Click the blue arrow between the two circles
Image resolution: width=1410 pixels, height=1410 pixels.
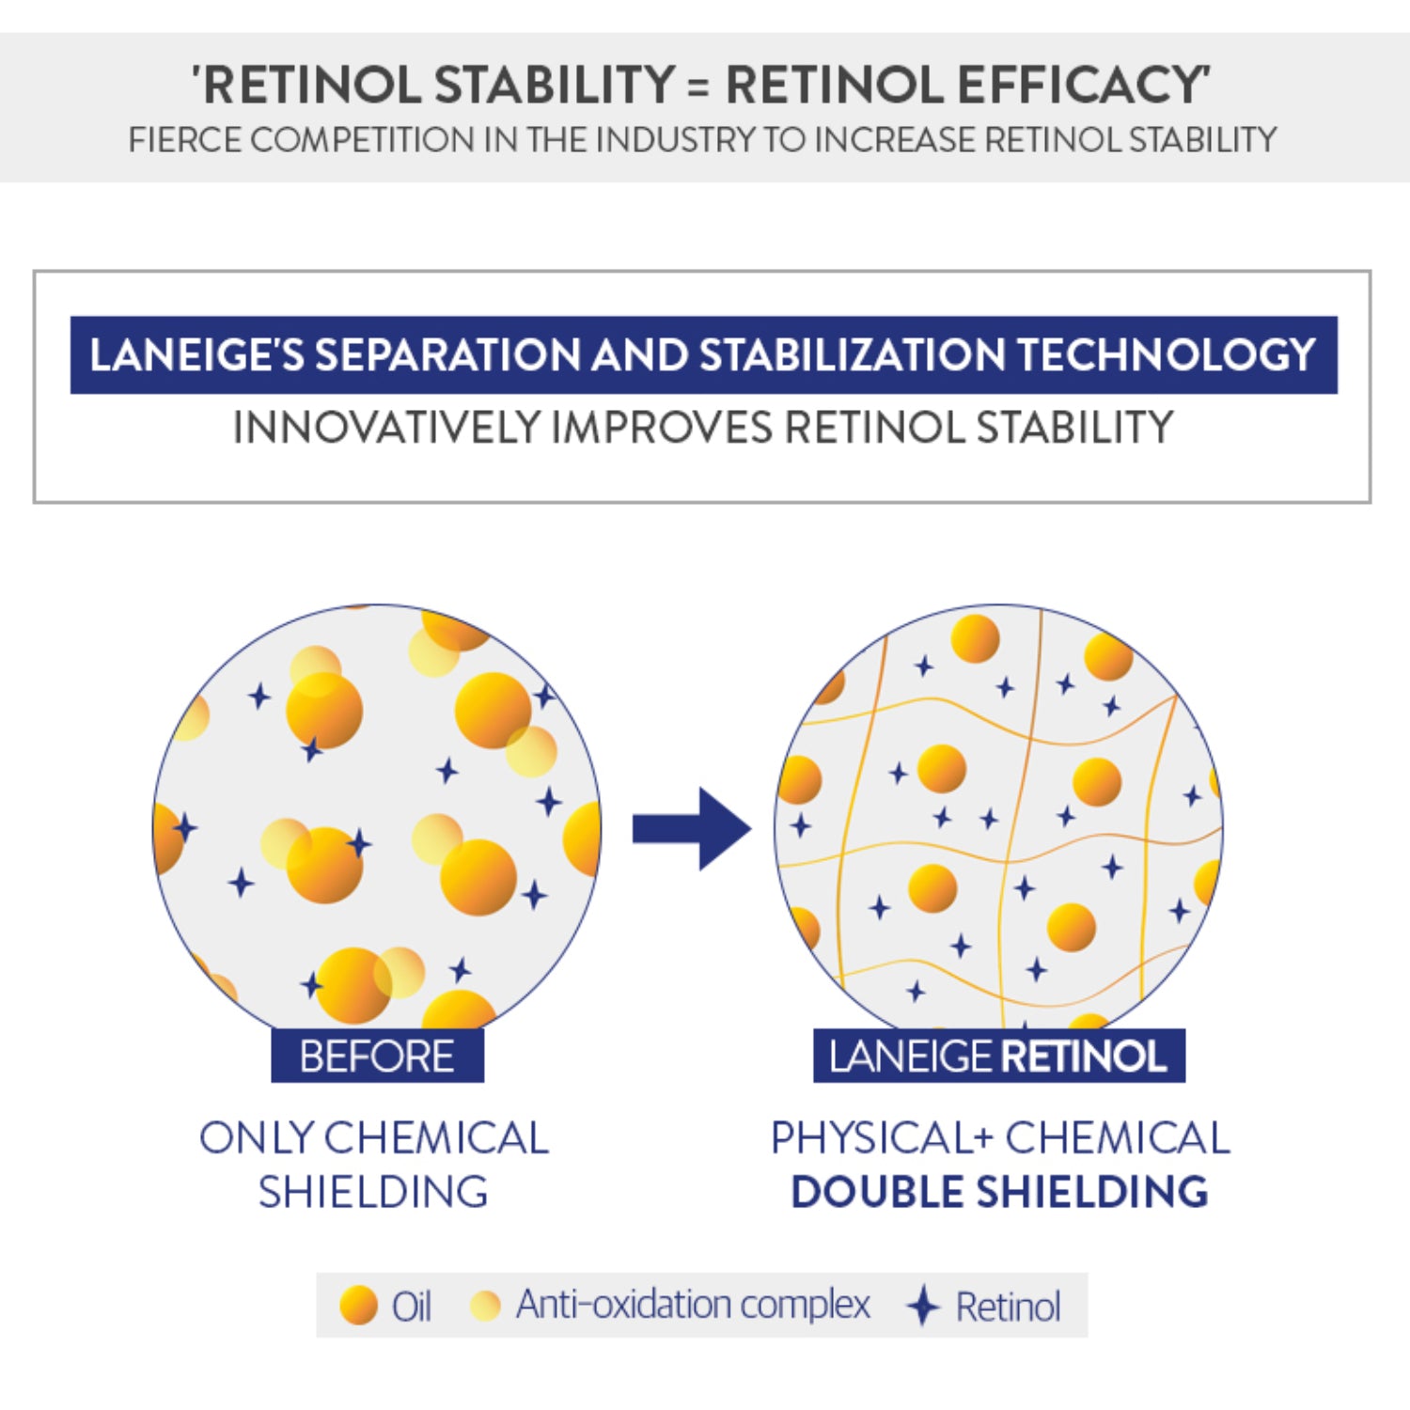692,828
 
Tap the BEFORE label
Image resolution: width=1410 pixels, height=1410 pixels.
377,1056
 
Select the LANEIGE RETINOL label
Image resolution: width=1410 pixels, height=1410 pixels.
998,1056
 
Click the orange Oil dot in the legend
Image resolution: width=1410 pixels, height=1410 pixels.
358,1306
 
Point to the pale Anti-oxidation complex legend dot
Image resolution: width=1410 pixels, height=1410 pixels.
485,1306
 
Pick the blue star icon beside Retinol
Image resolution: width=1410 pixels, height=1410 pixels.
923,1306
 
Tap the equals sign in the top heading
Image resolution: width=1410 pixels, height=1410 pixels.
697,86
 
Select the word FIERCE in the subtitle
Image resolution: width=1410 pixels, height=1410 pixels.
185,140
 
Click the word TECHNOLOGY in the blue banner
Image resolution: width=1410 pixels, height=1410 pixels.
1166,354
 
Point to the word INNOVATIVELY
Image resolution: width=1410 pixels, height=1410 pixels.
386,428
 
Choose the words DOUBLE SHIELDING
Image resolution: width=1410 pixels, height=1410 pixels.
999,1192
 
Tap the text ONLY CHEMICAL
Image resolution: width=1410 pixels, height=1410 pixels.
373,1138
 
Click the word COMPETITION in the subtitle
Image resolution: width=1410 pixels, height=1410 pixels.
363,140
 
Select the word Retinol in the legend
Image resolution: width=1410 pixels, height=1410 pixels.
1008,1306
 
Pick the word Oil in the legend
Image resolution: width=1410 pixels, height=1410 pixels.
412,1306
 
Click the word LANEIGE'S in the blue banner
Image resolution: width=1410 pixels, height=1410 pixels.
197,354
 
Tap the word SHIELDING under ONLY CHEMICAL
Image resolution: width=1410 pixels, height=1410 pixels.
373,1192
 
